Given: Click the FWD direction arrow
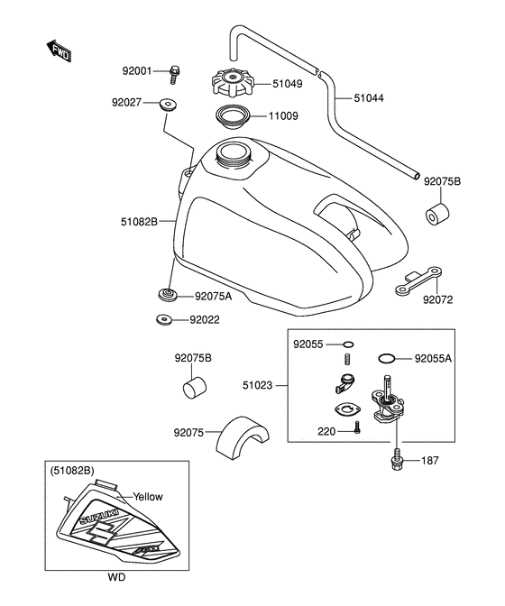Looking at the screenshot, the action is coord(59,50).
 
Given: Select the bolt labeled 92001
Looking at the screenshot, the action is coord(174,75).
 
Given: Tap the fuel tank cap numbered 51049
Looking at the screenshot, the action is coord(233,83).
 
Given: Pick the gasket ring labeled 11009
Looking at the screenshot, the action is coord(233,116).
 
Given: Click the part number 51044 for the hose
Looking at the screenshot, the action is coord(369,98).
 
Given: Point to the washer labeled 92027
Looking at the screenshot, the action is coord(168,104).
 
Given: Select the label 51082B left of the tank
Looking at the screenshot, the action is coord(139,222).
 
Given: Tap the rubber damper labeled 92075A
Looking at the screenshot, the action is coord(168,294).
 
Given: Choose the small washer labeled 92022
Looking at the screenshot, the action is coord(165,319).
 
